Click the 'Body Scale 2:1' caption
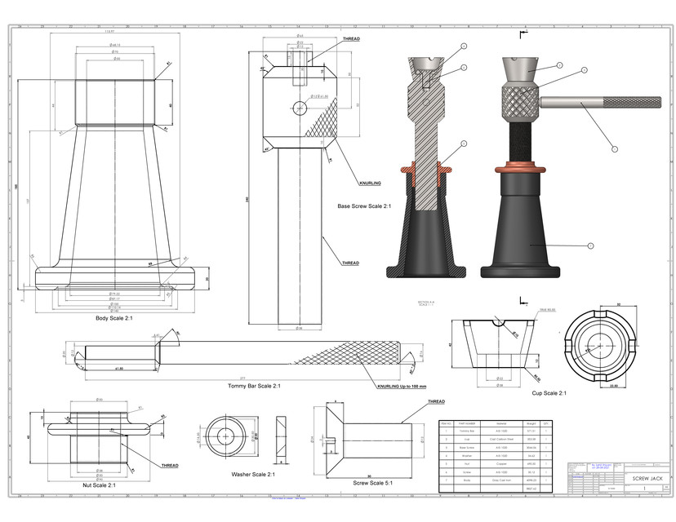113,318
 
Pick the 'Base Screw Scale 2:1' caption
364,206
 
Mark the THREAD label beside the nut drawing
170,466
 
